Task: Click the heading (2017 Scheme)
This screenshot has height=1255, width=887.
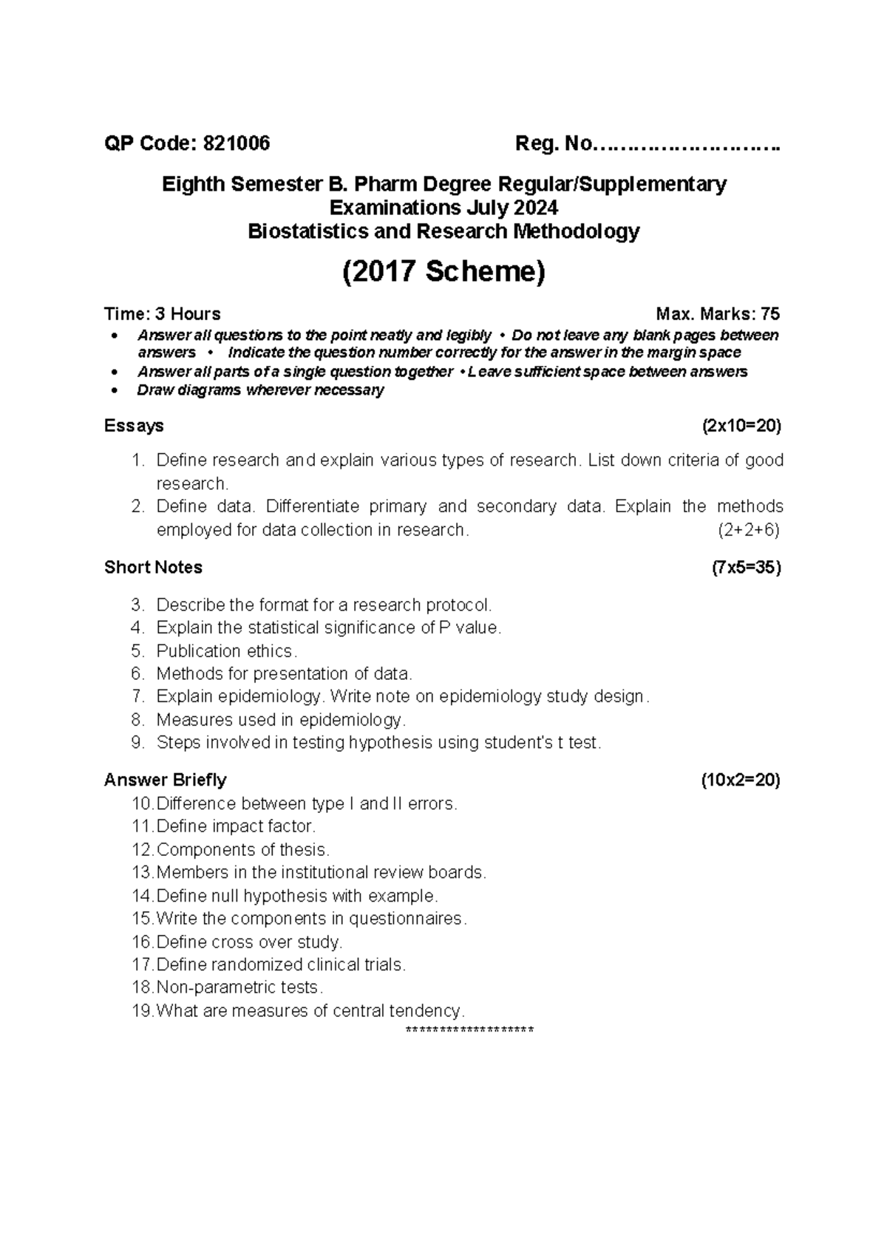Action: coord(443,272)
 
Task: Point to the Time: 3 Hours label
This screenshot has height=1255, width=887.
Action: coord(162,314)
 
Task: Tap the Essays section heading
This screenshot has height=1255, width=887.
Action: coord(134,426)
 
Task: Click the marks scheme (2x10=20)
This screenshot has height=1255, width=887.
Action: coord(741,426)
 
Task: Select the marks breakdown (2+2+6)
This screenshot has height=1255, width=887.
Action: coord(748,530)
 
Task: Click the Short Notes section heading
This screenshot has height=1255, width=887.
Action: coord(153,568)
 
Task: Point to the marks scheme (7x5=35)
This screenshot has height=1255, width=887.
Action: coord(745,568)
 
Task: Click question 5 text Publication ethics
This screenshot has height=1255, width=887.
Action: coord(226,651)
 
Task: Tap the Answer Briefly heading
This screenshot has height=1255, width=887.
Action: coord(165,780)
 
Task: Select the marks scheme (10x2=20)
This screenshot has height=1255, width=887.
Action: coord(741,780)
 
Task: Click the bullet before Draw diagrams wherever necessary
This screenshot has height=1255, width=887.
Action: coord(113,391)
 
